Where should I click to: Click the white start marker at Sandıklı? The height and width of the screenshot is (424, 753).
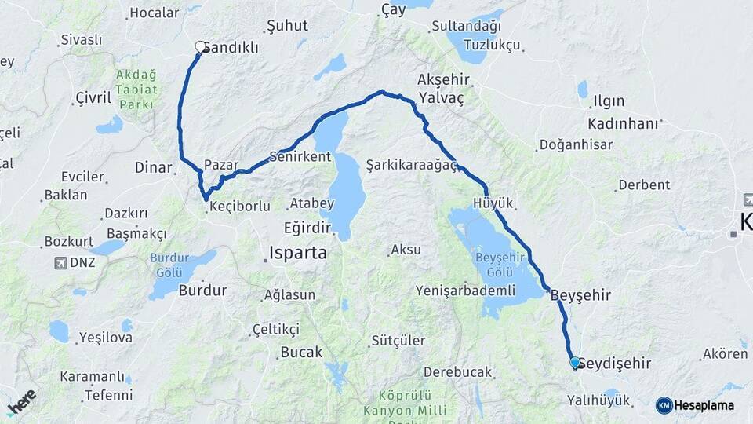click(x=200, y=47)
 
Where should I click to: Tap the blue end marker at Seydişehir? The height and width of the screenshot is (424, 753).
click(x=575, y=363)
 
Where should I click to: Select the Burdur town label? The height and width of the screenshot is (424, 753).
click(x=202, y=291)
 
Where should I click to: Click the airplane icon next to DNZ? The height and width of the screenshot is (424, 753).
click(x=60, y=262)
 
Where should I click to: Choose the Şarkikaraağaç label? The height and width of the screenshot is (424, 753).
click(x=412, y=165)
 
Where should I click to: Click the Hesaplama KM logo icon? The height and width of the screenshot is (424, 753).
click(x=664, y=405)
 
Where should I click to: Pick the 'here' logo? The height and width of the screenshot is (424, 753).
click(x=22, y=402)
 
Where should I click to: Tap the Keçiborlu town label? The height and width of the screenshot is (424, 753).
click(x=241, y=207)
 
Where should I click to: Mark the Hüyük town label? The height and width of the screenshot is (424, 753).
click(x=493, y=203)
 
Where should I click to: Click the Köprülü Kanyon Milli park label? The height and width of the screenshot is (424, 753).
click(x=412, y=403)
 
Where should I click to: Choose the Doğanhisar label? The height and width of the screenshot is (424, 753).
click(x=573, y=145)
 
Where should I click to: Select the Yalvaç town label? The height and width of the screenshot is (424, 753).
click(x=442, y=98)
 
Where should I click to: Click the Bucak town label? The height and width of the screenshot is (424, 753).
click(x=301, y=353)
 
